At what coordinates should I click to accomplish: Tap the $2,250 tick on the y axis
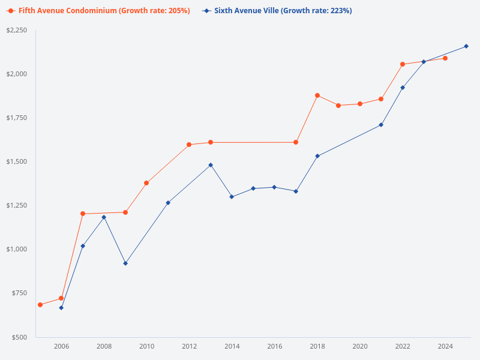point(17,30)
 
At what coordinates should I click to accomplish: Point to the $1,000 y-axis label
point(17,249)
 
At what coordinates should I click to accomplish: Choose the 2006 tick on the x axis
point(61,346)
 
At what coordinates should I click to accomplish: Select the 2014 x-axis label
point(232,346)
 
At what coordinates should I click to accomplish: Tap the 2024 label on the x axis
point(445,346)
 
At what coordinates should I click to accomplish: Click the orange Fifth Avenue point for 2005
point(40,305)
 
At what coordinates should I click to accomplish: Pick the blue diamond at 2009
point(125,263)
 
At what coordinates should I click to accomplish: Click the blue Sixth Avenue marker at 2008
point(104,217)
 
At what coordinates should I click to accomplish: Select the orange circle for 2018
point(317,95)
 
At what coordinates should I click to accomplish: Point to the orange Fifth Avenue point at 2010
point(146,183)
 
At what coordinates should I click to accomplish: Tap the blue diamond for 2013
point(211,165)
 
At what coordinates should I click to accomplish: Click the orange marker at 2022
point(403,64)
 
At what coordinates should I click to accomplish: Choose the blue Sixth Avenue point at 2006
point(61,308)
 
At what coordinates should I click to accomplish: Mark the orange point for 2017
point(296,142)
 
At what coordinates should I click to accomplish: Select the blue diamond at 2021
point(381,125)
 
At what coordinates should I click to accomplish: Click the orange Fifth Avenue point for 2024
point(445,58)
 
